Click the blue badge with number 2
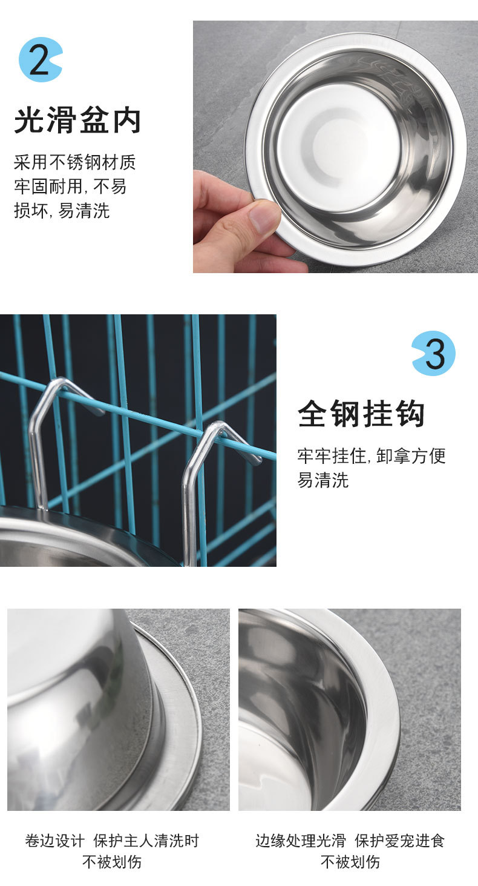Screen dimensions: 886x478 pos(40,59)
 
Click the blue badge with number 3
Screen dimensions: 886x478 pos(433,353)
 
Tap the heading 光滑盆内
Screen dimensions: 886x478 pos(77,120)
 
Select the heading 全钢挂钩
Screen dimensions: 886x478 pos(361,414)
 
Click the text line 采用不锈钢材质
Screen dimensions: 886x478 pos(74,162)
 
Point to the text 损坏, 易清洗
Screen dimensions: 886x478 pos(62,211)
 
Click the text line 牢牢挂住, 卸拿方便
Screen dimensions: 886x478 pos(371,456)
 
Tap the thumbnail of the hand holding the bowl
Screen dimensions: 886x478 pos(335,147)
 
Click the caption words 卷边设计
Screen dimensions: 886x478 pos(54,841)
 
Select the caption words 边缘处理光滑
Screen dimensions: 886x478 pos(300,841)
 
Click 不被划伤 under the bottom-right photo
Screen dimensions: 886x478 pos(350,862)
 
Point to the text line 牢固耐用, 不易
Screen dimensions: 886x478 pos(70,187)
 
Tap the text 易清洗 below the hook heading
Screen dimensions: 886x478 pos(323,481)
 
